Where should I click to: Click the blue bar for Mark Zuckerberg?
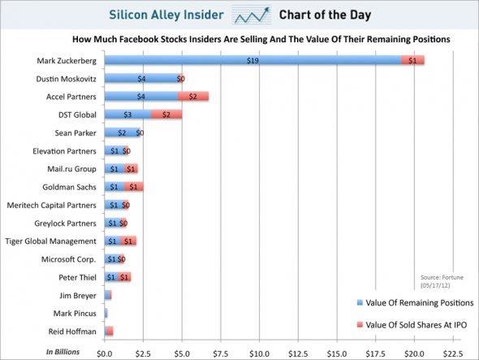click(x=252, y=60)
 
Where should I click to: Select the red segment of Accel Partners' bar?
click(x=193, y=97)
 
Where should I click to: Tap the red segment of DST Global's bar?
click(x=166, y=115)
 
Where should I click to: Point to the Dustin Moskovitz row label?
click(x=67, y=79)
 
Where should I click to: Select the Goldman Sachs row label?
click(x=71, y=187)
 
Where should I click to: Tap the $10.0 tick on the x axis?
click(x=259, y=353)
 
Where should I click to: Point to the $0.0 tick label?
click(x=103, y=353)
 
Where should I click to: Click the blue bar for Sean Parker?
click(x=120, y=132)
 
